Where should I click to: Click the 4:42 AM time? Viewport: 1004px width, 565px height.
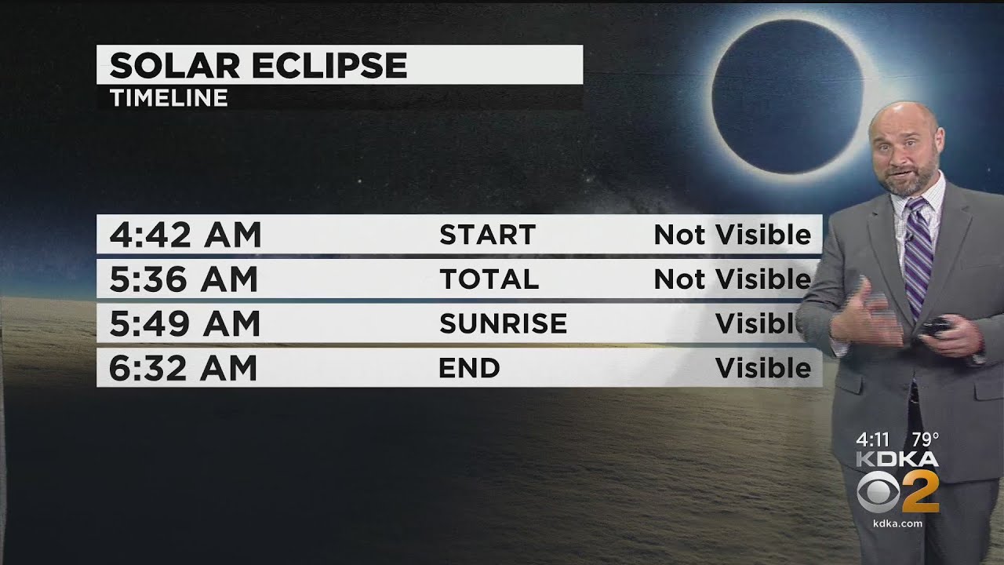185,235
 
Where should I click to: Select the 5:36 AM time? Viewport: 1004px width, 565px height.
184,279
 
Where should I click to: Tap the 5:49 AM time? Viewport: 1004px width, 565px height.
185,323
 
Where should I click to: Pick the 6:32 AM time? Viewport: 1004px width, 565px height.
184,368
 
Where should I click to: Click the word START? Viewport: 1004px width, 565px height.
487,235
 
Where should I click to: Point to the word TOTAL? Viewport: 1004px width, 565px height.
489,279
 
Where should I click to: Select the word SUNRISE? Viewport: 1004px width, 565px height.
503,323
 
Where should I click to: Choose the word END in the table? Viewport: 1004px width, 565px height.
469,368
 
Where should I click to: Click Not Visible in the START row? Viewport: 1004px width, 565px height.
732,235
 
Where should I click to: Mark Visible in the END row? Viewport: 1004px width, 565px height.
762,368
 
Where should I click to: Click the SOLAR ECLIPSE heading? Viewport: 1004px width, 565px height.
258,65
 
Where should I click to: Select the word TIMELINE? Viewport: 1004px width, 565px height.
169,98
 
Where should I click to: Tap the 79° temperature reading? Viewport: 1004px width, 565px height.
926,440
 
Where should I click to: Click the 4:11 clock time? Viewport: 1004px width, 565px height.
873,440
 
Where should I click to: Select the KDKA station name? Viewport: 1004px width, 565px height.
897,459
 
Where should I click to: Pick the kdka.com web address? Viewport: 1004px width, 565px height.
897,523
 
